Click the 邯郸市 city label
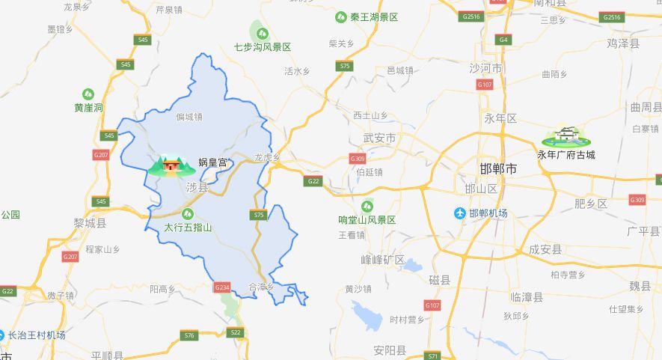point(497,169)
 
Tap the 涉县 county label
point(197,188)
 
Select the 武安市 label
point(378,138)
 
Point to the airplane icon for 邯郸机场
point(460,213)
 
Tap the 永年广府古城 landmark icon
point(566,136)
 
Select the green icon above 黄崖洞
point(88,94)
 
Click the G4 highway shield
point(504,39)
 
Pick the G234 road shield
point(222,287)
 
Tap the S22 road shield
point(236,332)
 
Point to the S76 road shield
point(189,335)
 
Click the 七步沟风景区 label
point(262,46)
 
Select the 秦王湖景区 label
point(373,16)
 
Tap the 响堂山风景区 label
point(367,220)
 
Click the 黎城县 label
point(90,223)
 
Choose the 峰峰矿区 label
point(382,260)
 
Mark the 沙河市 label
point(485,67)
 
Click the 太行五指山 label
point(188,228)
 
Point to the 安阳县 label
point(390,350)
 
